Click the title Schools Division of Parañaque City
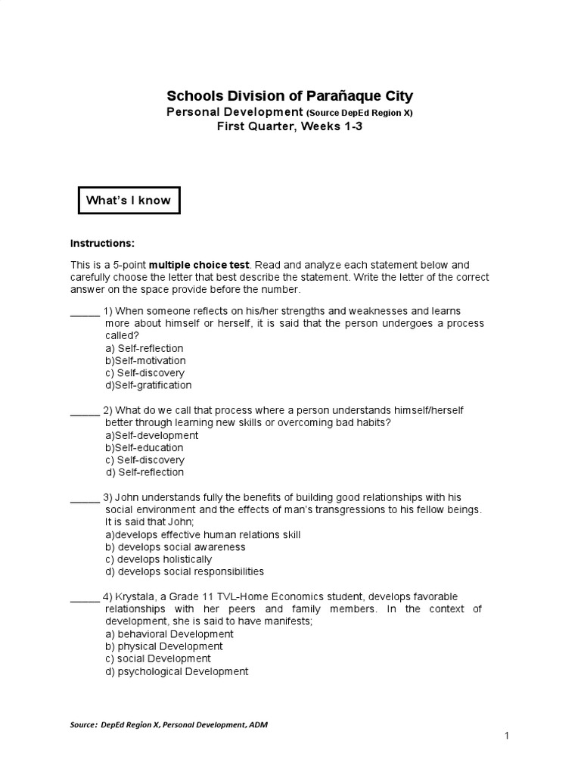pyautogui.click(x=290, y=96)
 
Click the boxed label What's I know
pyautogui.click(x=129, y=201)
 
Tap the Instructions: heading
pyautogui.click(x=102, y=243)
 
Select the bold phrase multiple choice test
pyautogui.click(x=199, y=265)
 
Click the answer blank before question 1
pyautogui.click(x=85, y=312)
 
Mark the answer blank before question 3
pyautogui.click(x=85, y=498)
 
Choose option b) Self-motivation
pyautogui.click(x=145, y=361)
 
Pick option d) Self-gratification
pyautogui.click(x=148, y=385)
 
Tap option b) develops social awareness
pyautogui.click(x=176, y=547)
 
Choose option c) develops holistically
pyautogui.click(x=159, y=559)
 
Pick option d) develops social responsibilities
pyautogui.click(x=185, y=571)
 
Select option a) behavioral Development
pyautogui.click(x=169, y=634)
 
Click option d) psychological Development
pyautogui.click(x=177, y=671)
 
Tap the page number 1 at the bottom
pyautogui.click(x=506, y=736)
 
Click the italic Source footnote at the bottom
pyautogui.click(x=169, y=724)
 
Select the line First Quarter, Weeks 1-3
pyautogui.click(x=290, y=126)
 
